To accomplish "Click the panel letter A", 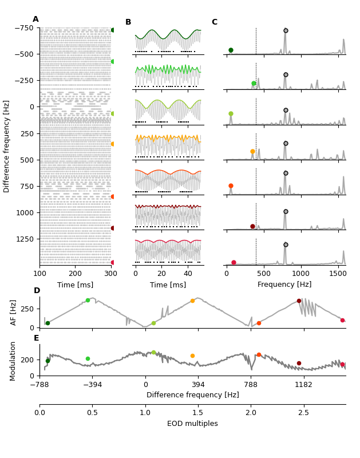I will [x=35, y=19].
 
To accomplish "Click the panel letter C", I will [x=214, y=22].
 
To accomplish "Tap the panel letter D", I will [x=37, y=291].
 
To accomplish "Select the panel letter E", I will [x=36, y=338].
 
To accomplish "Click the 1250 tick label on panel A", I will [x=24, y=239].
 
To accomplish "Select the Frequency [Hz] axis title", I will [x=284, y=285].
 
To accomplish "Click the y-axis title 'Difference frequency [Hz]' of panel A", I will [x=7, y=146].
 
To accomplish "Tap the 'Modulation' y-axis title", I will [x=13, y=361].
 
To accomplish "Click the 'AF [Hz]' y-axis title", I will [x=13, y=312].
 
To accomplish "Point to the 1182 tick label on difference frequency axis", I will [x=303, y=385].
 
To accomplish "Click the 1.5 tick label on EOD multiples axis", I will [x=198, y=412].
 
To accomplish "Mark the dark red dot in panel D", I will [x=299, y=301].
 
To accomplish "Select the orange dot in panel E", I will [x=192, y=356].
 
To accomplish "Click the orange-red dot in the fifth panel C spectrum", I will [x=231, y=185].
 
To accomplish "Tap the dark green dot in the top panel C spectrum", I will [x=231, y=50].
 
